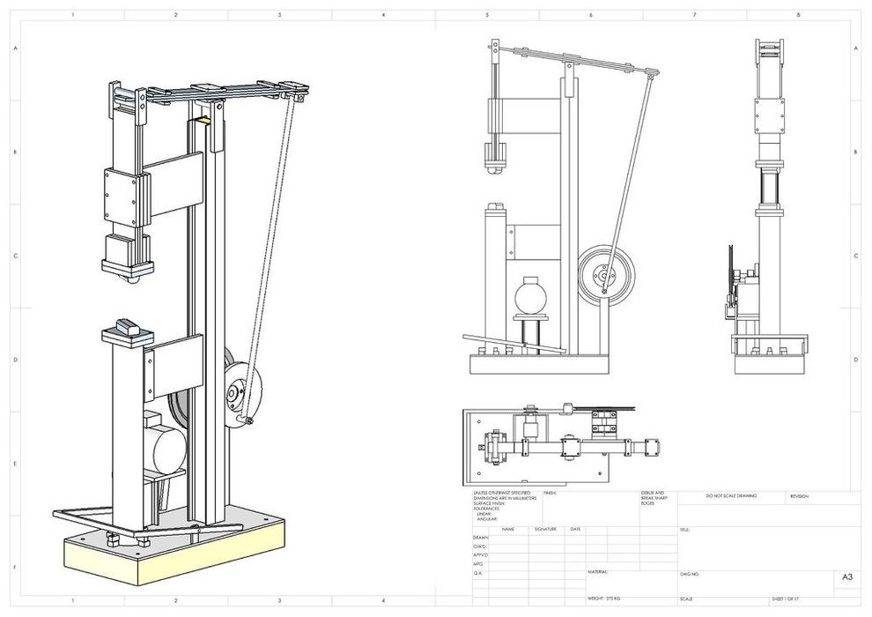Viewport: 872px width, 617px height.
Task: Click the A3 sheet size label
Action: coord(846,577)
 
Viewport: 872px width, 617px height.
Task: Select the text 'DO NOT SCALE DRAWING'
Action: coord(731,496)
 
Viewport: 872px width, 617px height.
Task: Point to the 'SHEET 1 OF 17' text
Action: coord(788,598)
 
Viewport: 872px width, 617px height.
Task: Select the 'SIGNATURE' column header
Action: coord(546,529)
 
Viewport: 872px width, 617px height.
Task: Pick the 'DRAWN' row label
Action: coord(480,537)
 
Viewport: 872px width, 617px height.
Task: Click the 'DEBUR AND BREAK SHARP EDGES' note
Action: coord(641,498)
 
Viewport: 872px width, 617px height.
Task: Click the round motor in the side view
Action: coord(531,293)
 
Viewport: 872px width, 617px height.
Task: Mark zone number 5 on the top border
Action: coord(487,15)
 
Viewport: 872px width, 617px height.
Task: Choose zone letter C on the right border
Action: coord(855,256)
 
